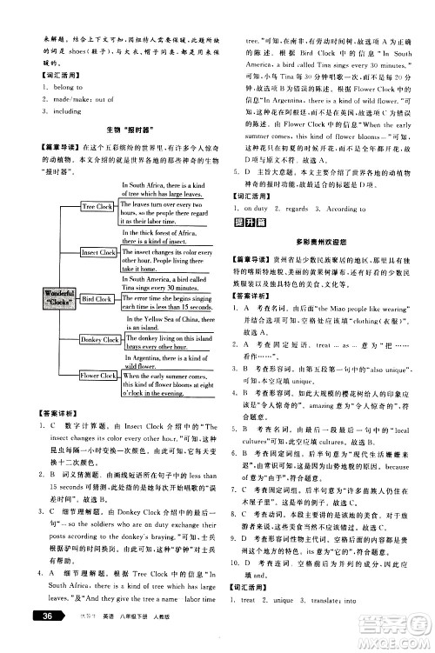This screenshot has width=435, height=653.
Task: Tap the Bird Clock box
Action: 97,298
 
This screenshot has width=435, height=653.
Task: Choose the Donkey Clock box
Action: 97,339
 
